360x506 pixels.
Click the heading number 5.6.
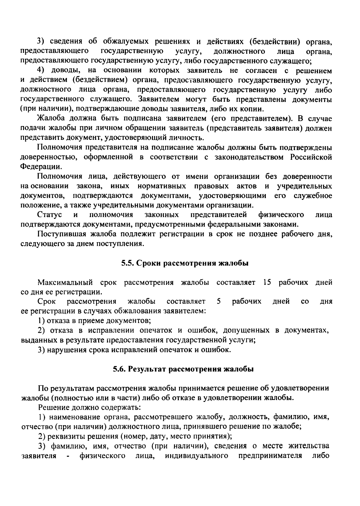click(120, 369)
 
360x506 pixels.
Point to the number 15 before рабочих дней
click(267, 282)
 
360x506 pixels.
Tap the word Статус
click(50, 215)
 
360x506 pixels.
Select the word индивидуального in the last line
click(196, 456)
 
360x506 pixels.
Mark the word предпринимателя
click(270, 456)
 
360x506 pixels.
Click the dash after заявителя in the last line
click(69, 456)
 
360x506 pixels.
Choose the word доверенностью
click(50, 157)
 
